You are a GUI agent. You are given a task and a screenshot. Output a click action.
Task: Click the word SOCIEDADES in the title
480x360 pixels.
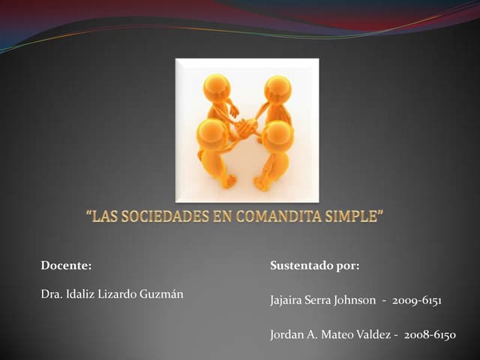point(162,218)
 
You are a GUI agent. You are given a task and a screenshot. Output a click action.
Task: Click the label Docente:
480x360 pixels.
point(66,265)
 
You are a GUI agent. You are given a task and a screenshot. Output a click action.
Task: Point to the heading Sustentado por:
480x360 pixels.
point(315,265)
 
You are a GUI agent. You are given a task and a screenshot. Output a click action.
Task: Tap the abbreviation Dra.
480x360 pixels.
point(51,292)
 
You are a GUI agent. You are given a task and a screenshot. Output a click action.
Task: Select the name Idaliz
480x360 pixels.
point(80,292)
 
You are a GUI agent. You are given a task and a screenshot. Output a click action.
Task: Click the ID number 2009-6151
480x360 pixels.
point(417,301)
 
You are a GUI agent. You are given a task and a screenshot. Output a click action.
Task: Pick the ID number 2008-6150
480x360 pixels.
point(430,334)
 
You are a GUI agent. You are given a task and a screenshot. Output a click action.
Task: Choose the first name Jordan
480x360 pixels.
point(286,334)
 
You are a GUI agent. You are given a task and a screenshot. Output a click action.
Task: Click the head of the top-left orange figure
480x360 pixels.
point(217,88)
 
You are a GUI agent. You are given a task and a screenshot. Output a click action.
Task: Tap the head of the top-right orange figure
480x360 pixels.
point(277,89)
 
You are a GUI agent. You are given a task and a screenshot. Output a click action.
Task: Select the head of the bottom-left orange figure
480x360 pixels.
point(212,133)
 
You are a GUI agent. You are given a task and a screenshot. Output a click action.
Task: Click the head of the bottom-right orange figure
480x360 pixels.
point(279,135)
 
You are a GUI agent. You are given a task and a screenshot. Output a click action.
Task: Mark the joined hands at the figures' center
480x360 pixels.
point(246,128)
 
